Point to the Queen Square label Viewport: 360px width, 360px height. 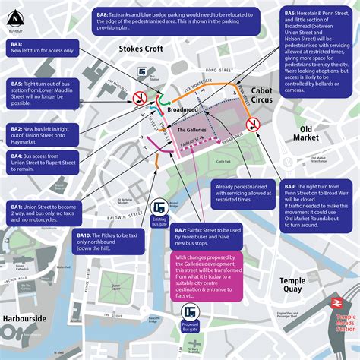point(116,287)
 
